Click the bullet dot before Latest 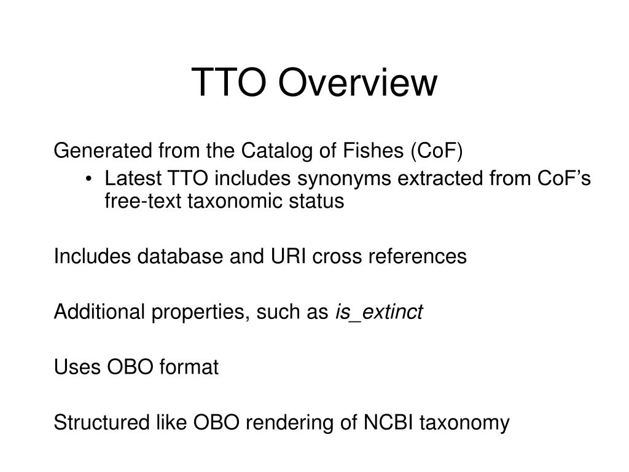[x=90, y=180]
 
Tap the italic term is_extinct [x=378, y=312]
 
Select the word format [x=189, y=368]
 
